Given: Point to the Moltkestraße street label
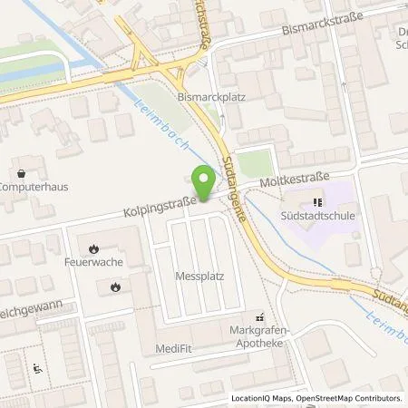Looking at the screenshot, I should [290, 184].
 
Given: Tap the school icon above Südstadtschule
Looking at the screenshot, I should [317, 202].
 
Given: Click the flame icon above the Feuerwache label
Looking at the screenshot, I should [94, 247].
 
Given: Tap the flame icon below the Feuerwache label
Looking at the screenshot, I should [115, 287].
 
